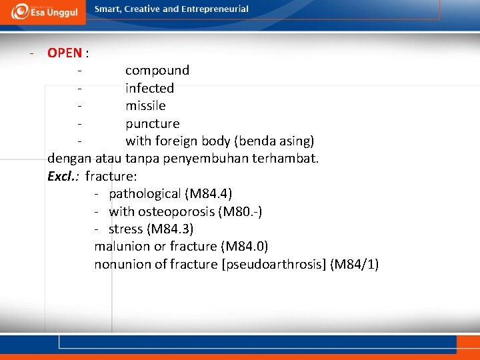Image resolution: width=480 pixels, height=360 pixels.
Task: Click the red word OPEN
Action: [65, 53]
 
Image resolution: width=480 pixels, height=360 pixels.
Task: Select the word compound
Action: [157, 70]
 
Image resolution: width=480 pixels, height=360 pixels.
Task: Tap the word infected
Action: [150, 88]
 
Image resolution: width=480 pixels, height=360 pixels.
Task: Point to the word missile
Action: [145, 105]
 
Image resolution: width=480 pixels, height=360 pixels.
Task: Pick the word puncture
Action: [153, 123]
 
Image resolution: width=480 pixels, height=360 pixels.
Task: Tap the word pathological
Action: [145, 194]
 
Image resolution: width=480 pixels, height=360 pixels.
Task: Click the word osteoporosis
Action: [179, 212]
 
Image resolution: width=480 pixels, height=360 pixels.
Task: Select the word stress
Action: [125, 229]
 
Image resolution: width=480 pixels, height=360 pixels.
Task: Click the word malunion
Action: [123, 247]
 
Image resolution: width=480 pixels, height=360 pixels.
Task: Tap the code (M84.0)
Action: [245, 247]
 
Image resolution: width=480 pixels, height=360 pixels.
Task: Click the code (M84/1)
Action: [355, 265]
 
